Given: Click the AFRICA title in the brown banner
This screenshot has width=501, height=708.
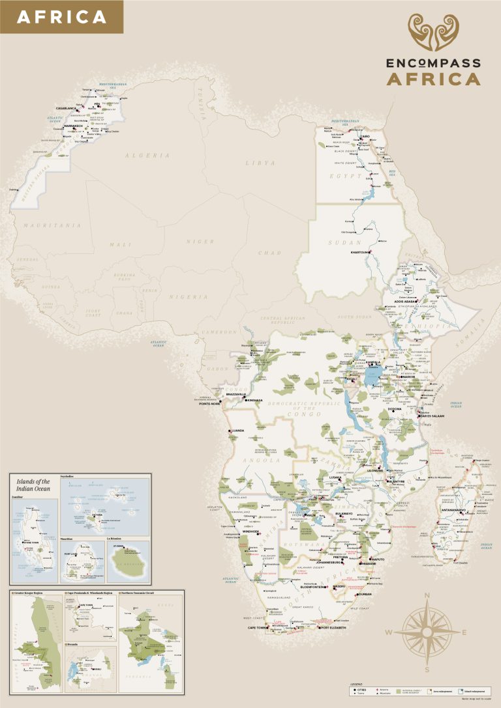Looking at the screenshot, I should [61, 17].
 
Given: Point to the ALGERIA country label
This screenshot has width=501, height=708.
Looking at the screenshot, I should [148, 156].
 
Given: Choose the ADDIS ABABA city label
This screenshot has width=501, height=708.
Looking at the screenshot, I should [406, 302].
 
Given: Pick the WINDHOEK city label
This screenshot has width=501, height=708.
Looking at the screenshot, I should [251, 532].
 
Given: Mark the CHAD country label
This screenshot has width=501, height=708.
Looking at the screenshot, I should [269, 253].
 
